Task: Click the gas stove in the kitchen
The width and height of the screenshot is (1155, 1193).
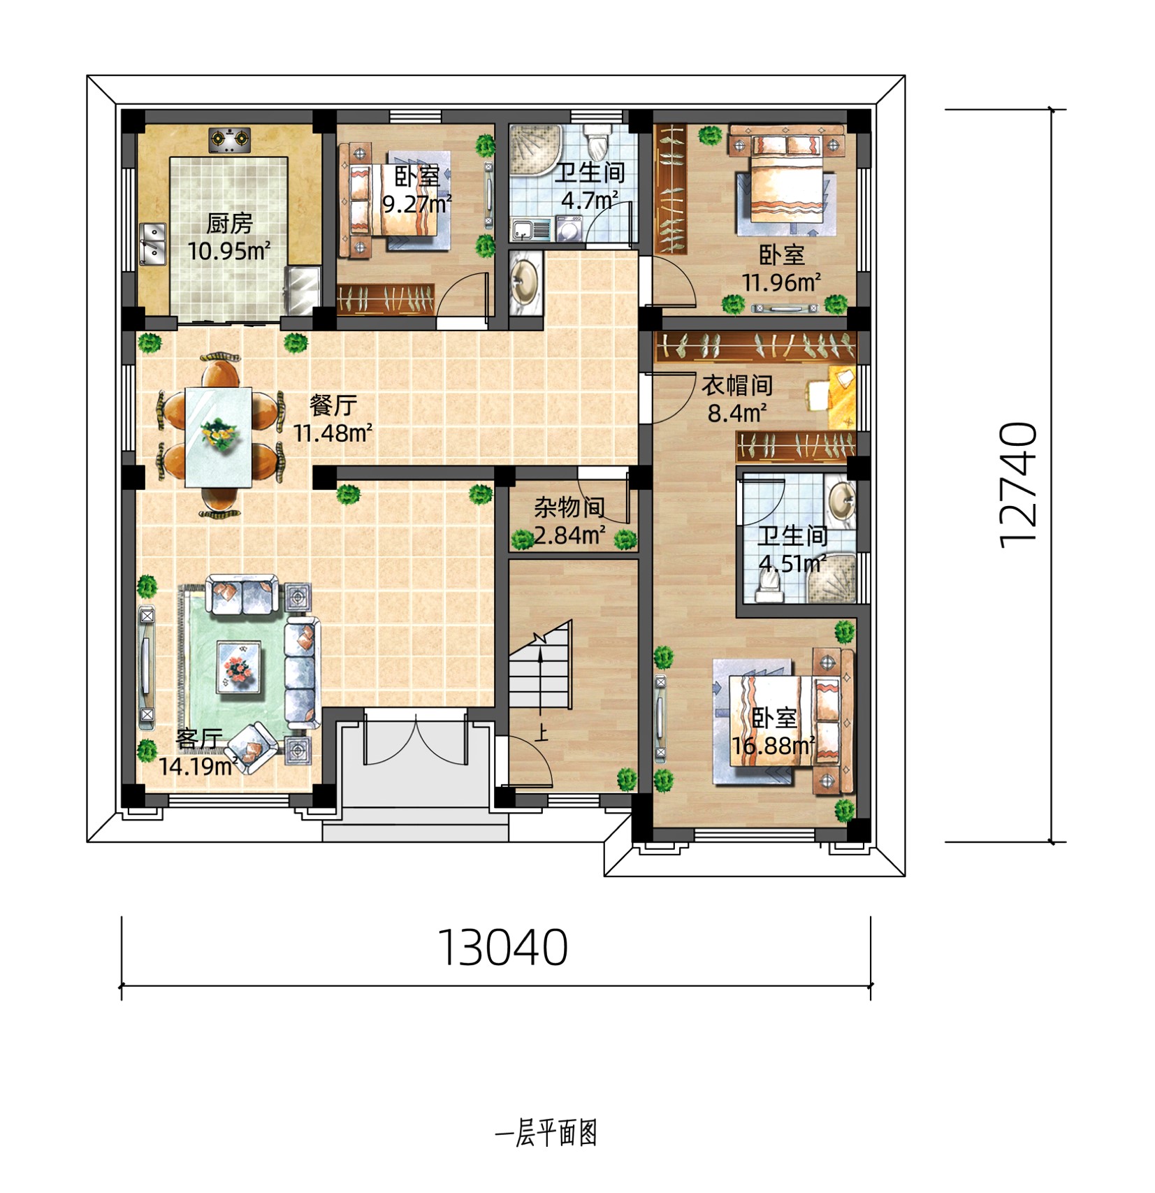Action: [230, 140]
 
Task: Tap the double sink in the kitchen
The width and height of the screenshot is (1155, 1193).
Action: [152, 244]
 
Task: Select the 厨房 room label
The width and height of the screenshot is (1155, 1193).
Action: [229, 224]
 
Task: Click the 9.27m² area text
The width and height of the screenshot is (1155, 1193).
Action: [416, 204]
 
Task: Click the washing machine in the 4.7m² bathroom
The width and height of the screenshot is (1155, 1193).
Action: [571, 229]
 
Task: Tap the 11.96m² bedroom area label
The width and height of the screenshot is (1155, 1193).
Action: [781, 282]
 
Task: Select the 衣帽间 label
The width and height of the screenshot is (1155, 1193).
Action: [736, 385]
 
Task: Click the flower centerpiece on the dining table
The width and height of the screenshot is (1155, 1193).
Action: [219, 433]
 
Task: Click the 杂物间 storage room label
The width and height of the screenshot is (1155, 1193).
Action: [569, 507]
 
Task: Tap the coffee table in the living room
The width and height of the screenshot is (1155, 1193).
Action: [240, 667]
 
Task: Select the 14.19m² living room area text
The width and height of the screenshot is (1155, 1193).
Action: [198, 767]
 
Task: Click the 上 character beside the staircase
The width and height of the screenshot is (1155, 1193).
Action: [542, 734]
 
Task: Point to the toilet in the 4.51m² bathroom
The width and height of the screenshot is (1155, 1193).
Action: [770, 586]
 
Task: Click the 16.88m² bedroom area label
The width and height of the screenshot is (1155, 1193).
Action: [773, 746]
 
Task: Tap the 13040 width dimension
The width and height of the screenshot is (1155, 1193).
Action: [502, 948]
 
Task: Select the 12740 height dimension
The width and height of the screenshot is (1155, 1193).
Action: [1018, 484]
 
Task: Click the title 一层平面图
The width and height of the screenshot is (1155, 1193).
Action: [546, 1133]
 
